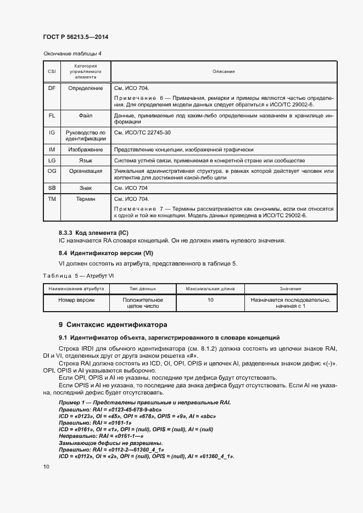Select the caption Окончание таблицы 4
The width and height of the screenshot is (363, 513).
[x=72, y=53]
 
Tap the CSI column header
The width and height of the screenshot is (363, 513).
[x=52, y=71]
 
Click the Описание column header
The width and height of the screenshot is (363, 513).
[x=224, y=71]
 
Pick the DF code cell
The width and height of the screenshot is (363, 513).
[x=52, y=88]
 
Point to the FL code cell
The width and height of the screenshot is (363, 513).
[x=52, y=116]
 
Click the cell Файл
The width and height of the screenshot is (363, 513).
[x=85, y=116]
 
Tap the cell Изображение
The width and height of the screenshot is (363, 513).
[x=85, y=149]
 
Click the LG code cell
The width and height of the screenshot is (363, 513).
[x=52, y=160]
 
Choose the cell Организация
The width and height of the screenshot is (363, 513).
[x=85, y=171]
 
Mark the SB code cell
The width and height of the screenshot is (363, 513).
[x=52, y=188]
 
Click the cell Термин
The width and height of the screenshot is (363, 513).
[x=85, y=199]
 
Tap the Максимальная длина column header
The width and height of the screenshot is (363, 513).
[x=210, y=288]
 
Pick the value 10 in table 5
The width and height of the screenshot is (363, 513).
[x=210, y=300]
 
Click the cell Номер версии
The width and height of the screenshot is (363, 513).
[x=76, y=300]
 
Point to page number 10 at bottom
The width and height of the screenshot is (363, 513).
[x=46, y=466]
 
